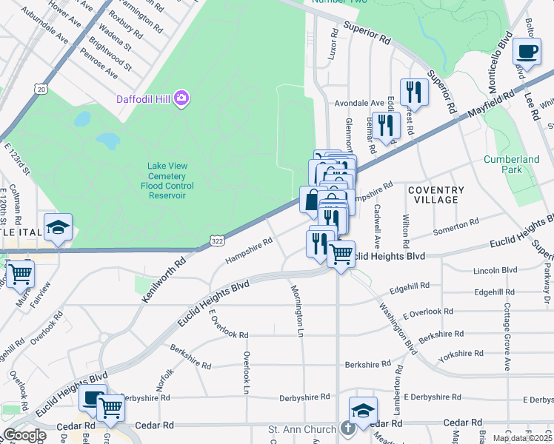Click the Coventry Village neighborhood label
click(x=436, y=195)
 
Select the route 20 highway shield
click(x=41, y=89)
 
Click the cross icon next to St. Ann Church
click(x=348, y=428)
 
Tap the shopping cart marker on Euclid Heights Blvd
click(x=340, y=254)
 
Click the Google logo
click(x=24, y=435)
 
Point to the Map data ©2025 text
click(x=522, y=438)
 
